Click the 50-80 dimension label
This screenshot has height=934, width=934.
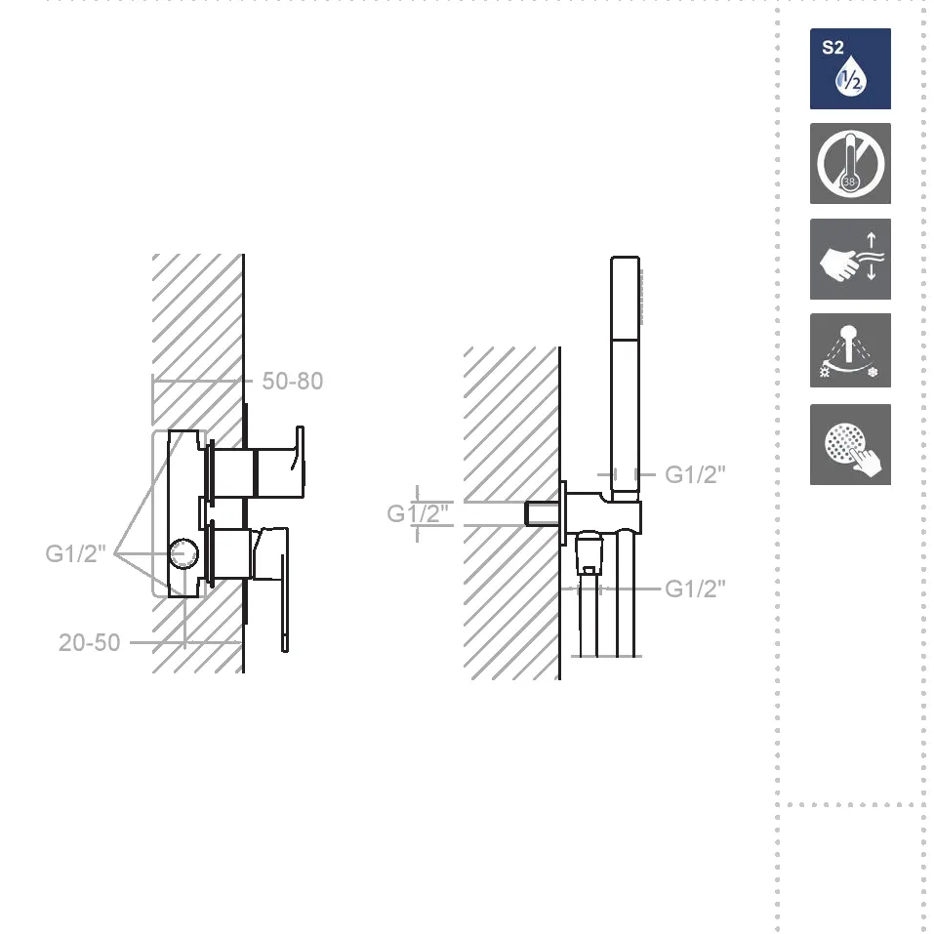tap(293, 382)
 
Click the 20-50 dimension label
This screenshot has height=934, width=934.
tap(90, 643)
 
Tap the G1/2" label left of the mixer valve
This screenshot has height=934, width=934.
tap(76, 554)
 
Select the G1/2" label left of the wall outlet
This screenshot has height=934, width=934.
tap(418, 513)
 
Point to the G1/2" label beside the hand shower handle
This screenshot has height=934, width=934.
tap(695, 474)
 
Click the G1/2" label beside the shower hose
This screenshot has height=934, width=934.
tap(695, 589)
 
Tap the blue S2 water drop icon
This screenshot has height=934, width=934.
tap(850, 68)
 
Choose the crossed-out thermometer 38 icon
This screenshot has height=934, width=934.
tap(850, 164)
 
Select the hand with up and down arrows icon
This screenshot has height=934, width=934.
tap(850, 259)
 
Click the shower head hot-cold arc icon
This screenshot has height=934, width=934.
tap(850, 350)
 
